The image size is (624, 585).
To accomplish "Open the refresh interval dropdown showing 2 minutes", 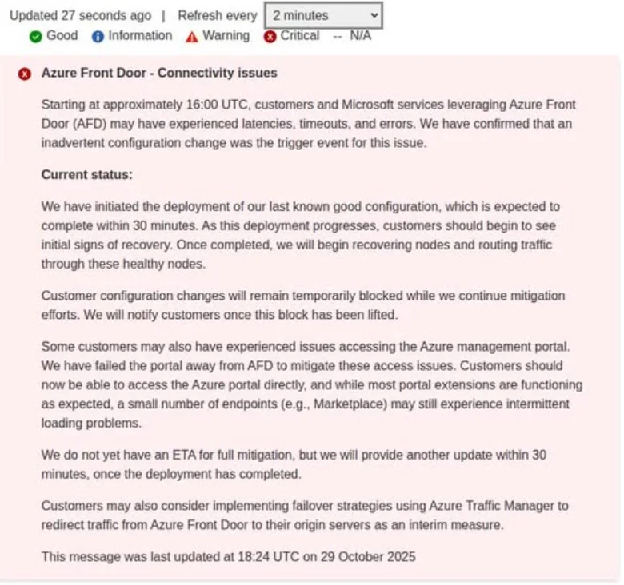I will click(x=322, y=15).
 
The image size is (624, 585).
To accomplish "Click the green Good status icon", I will click(x=35, y=36).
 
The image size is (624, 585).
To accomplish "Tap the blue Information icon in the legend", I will click(x=98, y=36).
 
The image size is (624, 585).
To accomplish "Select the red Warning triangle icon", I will click(x=192, y=36).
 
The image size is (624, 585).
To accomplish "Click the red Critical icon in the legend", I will click(x=270, y=36).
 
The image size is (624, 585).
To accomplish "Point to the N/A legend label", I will click(x=360, y=36).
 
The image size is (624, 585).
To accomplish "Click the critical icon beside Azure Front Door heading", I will click(x=25, y=74).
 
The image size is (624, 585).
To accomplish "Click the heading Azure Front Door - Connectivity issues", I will click(x=159, y=73).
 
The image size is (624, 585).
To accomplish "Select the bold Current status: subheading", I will click(x=87, y=175).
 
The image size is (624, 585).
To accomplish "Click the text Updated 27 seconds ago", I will click(x=80, y=15).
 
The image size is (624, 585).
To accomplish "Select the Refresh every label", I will click(x=217, y=15).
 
